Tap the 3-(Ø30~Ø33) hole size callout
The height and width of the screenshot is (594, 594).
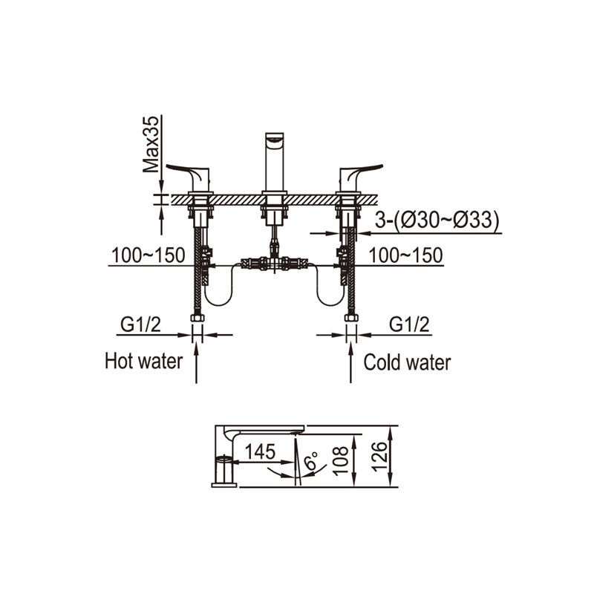[x=437, y=220]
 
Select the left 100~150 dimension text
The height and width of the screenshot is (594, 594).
[x=148, y=255]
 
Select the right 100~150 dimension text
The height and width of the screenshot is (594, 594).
[x=405, y=255]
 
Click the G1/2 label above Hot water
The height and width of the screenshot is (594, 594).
[x=140, y=324]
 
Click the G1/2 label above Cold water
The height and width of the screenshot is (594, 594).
[x=410, y=324]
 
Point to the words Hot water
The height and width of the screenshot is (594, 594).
[x=144, y=361]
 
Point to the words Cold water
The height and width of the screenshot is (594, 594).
[x=407, y=362]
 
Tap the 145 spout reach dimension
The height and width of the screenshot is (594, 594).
[x=260, y=451]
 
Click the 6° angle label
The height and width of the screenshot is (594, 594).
[x=311, y=460]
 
